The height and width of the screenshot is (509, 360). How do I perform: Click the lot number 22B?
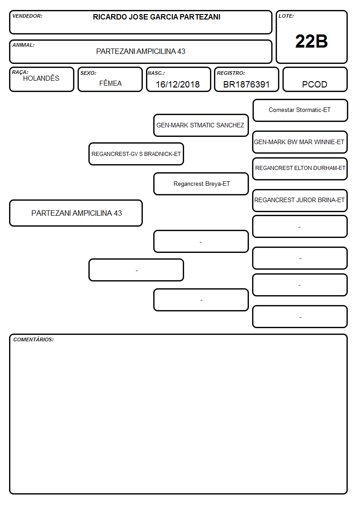[x=311, y=42]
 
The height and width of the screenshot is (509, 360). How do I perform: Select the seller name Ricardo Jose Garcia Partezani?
[x=156, y=17]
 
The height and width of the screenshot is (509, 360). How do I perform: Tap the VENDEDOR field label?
[x=27, y=16]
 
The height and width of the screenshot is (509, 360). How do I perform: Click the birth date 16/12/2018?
[x=178, y=84]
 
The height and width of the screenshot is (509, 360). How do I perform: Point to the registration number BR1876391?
[x=246, y=84]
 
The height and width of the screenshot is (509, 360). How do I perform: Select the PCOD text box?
[x=315, y=79]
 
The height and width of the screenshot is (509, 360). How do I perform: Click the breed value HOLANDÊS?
[x=41, y=78]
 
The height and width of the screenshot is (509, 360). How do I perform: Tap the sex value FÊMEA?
[x=110, y=83]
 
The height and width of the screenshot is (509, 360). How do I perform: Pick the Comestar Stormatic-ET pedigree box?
[x=300, y=111]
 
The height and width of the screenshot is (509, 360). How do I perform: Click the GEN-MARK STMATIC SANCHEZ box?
[x=201, y=125]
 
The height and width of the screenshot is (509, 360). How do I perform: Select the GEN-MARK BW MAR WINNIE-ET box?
[x=300, y=142]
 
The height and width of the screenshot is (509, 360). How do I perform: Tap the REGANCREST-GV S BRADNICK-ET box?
[x=136, y=154]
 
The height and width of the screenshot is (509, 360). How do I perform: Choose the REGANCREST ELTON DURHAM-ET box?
[x=300, y=169]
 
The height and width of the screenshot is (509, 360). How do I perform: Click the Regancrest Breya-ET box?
[x=201, y=184]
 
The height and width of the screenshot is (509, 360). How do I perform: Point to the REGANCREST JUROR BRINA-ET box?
[x=300, y=201]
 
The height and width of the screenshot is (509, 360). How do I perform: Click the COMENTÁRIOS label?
[x=34, y=339]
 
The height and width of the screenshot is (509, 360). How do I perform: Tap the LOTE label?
[x=286, y=16]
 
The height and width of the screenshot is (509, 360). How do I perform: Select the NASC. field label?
[x=156, y=73]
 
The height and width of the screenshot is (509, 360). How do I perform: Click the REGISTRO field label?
[x=231, y=73]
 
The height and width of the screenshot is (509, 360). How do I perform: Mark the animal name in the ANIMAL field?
[x=141, y=51]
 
